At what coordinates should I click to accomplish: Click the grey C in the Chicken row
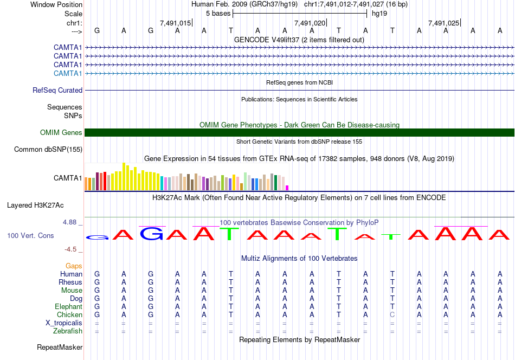point(392,314)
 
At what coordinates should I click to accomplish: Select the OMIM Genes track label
point(61,133)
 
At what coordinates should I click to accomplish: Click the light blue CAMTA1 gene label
point(68,73)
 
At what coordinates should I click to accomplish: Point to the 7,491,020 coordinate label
point(310,23)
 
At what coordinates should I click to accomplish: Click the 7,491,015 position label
point(176,23)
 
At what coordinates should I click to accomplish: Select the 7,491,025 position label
point(443,23)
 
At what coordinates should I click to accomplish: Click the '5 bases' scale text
point(218,13)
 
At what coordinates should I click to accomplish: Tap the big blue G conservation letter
point(152,234)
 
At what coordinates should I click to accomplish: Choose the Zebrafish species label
point(68,331)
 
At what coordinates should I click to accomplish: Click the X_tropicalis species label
point(64,323)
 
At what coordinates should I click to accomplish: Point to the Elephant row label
point(68,306)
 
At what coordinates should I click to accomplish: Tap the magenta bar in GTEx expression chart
point(287,188)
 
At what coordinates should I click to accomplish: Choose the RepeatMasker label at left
point(60,347)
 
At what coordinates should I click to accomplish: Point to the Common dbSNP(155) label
point(48,150)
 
